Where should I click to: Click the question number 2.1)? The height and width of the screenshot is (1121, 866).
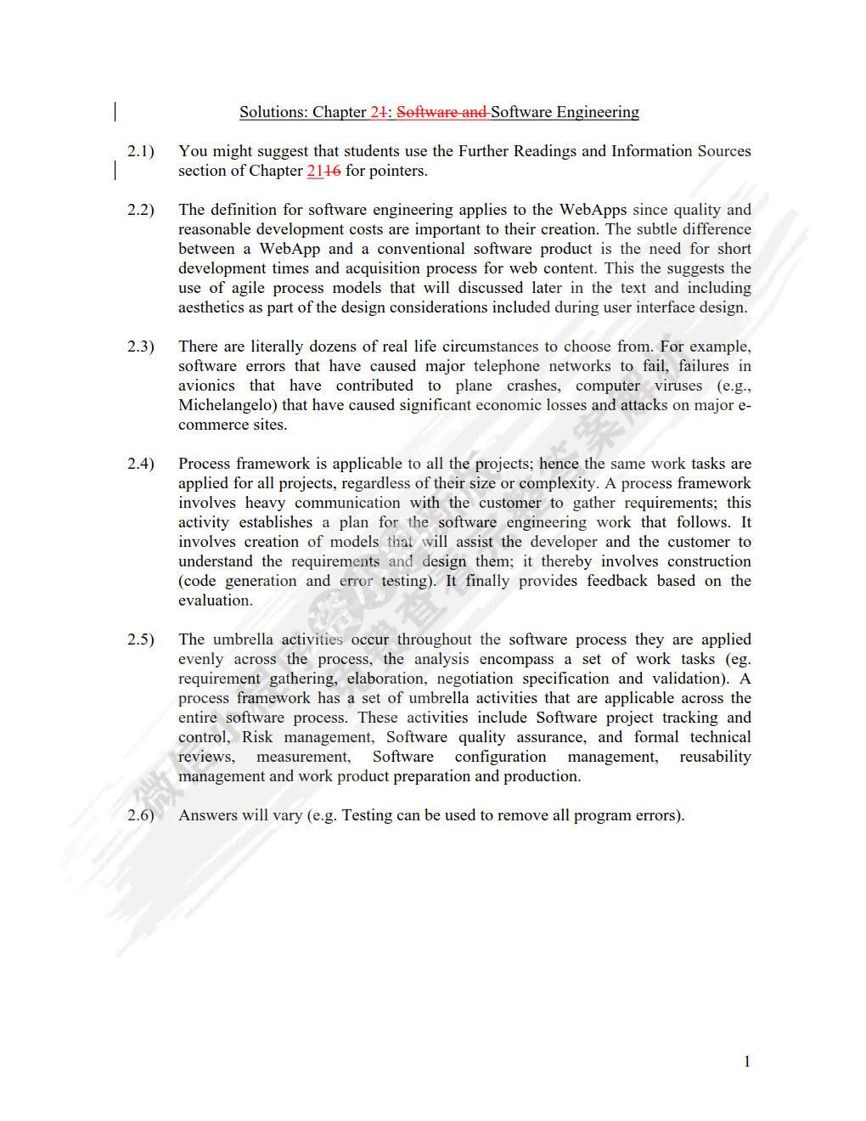141,151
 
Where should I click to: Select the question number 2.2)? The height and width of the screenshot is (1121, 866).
141,210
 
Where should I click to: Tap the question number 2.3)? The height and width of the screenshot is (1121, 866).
141,346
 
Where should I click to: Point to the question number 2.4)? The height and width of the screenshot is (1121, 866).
141,464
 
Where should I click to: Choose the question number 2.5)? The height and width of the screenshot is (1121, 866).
141,639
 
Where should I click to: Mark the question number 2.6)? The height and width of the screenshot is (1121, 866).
141,815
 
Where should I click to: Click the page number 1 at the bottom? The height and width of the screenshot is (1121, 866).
747,1062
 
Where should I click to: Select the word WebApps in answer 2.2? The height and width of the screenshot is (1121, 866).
592,210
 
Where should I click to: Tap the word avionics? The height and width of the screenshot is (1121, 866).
206,386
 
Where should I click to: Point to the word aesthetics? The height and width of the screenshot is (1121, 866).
211,307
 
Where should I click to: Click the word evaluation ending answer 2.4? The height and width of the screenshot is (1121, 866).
214,600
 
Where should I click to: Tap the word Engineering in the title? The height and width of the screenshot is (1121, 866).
598,112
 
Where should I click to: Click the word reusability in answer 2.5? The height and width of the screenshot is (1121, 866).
715,757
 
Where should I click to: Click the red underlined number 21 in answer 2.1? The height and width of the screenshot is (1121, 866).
315,171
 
